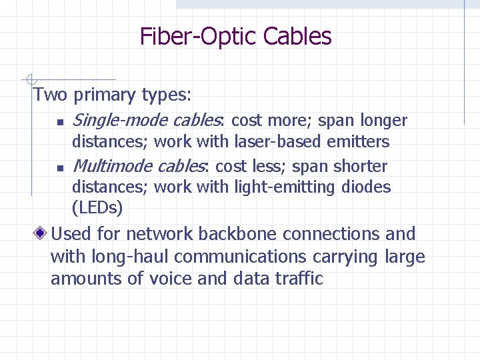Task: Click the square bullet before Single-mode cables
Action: point(60,122)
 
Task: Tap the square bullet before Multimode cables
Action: point(60,167)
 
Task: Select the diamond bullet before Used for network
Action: point(41,234)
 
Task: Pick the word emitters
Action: point(358,141)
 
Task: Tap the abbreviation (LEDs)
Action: point(97,208)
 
